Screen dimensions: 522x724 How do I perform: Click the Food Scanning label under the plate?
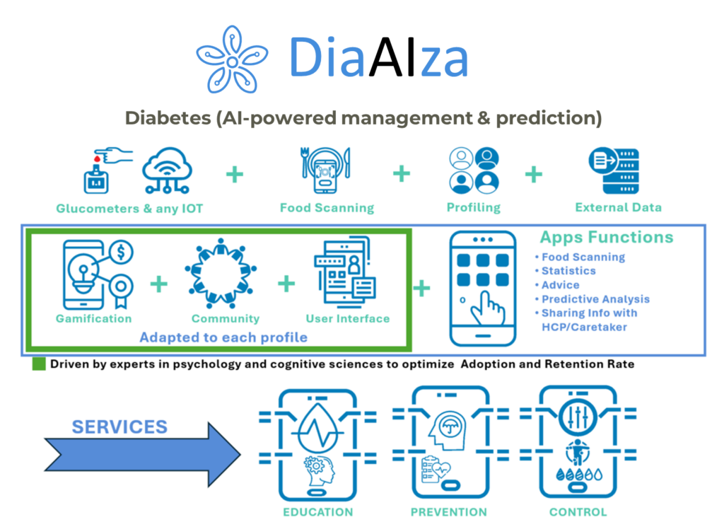click(x=327, y=208)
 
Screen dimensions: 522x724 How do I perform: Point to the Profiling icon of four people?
click(x=473, y=170)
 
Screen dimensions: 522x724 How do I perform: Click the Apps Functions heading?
click(x=607, y=237)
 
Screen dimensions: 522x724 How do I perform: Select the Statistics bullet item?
click(x=568, y=271)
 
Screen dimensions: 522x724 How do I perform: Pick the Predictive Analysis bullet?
click(x=595, y=299)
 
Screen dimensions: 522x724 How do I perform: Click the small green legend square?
click(x=39, y=365)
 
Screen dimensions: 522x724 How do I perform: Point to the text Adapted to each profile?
click(x=223, y=337)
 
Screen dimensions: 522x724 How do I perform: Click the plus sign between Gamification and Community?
click(x=159, y=284)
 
